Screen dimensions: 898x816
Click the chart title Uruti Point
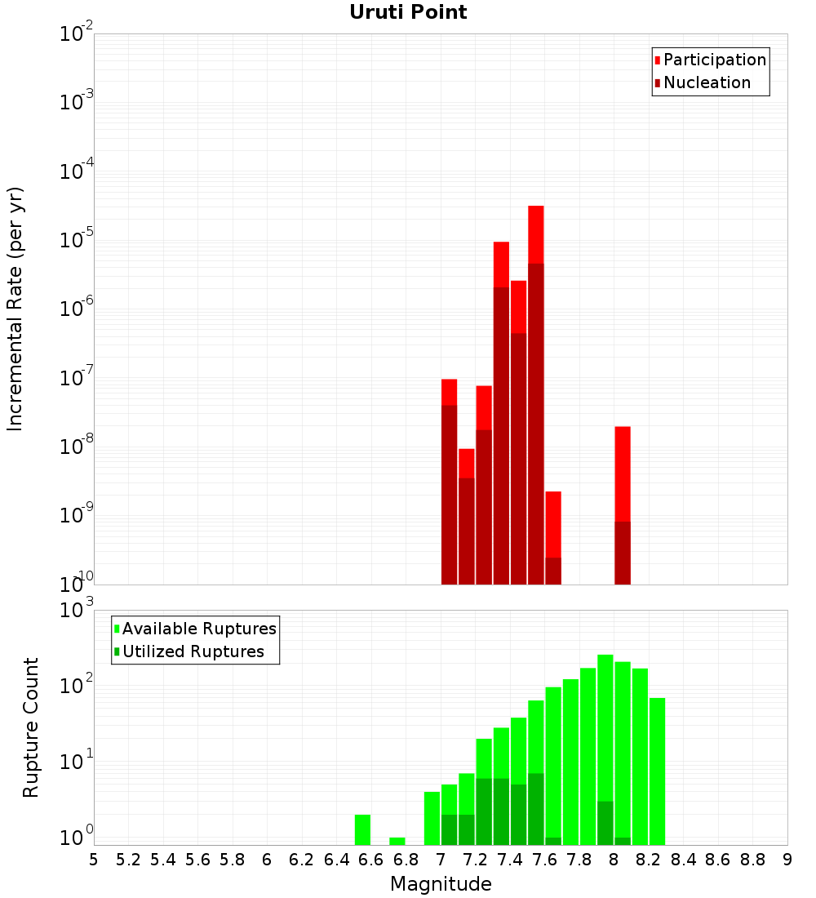[408, 12]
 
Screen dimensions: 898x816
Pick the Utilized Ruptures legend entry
[193, 651]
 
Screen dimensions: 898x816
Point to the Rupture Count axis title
[31, 727]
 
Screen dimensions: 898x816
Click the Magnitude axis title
[441, 884]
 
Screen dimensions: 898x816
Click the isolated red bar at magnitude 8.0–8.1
[623, 473]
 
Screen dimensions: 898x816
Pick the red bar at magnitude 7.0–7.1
[449, 392]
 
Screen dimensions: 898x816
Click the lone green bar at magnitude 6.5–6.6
[362, 829]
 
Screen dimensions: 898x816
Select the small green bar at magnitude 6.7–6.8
[397, 841]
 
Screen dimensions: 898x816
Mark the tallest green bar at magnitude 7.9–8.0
[605, 735]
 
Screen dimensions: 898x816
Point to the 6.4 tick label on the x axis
[336, 860]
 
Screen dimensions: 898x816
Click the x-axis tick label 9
[787, 860]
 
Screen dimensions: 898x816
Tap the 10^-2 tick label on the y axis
[77, 34]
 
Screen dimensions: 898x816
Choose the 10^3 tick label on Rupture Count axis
[77, 610]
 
